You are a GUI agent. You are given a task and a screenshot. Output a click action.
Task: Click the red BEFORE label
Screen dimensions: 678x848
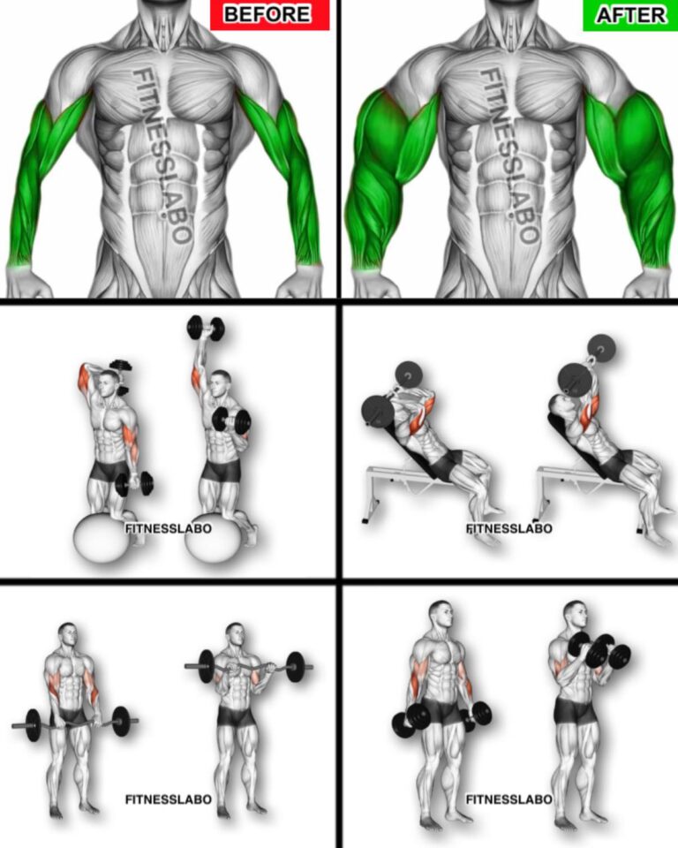[x=269, y=15]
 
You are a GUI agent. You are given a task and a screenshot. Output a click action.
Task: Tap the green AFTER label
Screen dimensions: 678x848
[x=629, y=15]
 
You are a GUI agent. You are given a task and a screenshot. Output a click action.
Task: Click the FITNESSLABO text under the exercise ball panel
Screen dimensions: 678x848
[x=168, y=528]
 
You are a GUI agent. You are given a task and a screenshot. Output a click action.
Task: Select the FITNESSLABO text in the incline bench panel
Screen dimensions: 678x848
[x=509, y=528]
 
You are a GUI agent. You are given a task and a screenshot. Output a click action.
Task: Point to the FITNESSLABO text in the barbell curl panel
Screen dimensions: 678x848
[x=168, y=799]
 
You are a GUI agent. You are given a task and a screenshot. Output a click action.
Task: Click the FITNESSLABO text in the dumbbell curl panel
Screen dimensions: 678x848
[x=509, y=799]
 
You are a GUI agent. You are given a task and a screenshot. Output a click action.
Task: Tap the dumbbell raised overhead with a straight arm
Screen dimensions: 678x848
[x=206, y=328]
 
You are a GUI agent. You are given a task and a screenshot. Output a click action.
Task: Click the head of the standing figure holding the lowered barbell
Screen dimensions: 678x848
[x=68, y=635]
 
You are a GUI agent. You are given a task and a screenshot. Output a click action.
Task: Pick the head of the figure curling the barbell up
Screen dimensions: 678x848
[x=236, y=635]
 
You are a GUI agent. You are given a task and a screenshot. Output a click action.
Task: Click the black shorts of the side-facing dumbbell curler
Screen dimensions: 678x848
[x=575, y=711]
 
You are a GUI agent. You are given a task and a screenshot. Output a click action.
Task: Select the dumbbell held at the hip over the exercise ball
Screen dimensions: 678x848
[x=134, y=483]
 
